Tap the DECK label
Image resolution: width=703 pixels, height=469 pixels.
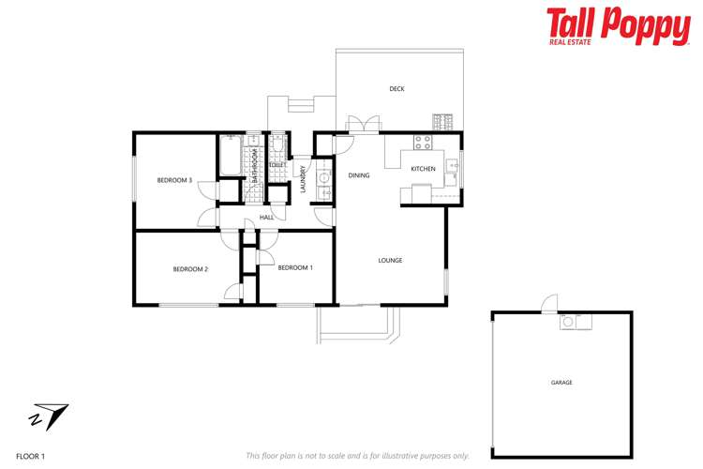click(x=397, y=89)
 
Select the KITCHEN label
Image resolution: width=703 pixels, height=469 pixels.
click(x=423, y=169)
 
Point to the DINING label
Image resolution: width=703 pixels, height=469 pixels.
click(x=359, y=175)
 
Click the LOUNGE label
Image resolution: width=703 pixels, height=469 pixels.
click(x=390, y=260)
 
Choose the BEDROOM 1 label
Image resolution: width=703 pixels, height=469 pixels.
click(x=295, y=267)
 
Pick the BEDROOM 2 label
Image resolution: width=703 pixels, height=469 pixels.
click(x=190, y=269)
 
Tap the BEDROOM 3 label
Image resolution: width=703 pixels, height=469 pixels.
click(x=174, y=180)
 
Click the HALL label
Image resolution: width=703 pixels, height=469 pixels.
click(x=266, y=218)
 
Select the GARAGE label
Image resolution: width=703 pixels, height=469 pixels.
click(x=561, y=383)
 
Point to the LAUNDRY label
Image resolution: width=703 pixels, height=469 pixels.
click(x=304, y=178)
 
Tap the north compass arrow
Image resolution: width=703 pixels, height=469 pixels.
click(x=50, y=414)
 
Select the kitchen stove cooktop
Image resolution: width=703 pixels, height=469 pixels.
click(x=423, y=144)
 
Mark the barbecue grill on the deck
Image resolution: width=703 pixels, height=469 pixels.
click(x=442, y=121)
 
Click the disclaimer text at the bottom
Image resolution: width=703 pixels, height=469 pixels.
click(x=357, y=456)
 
